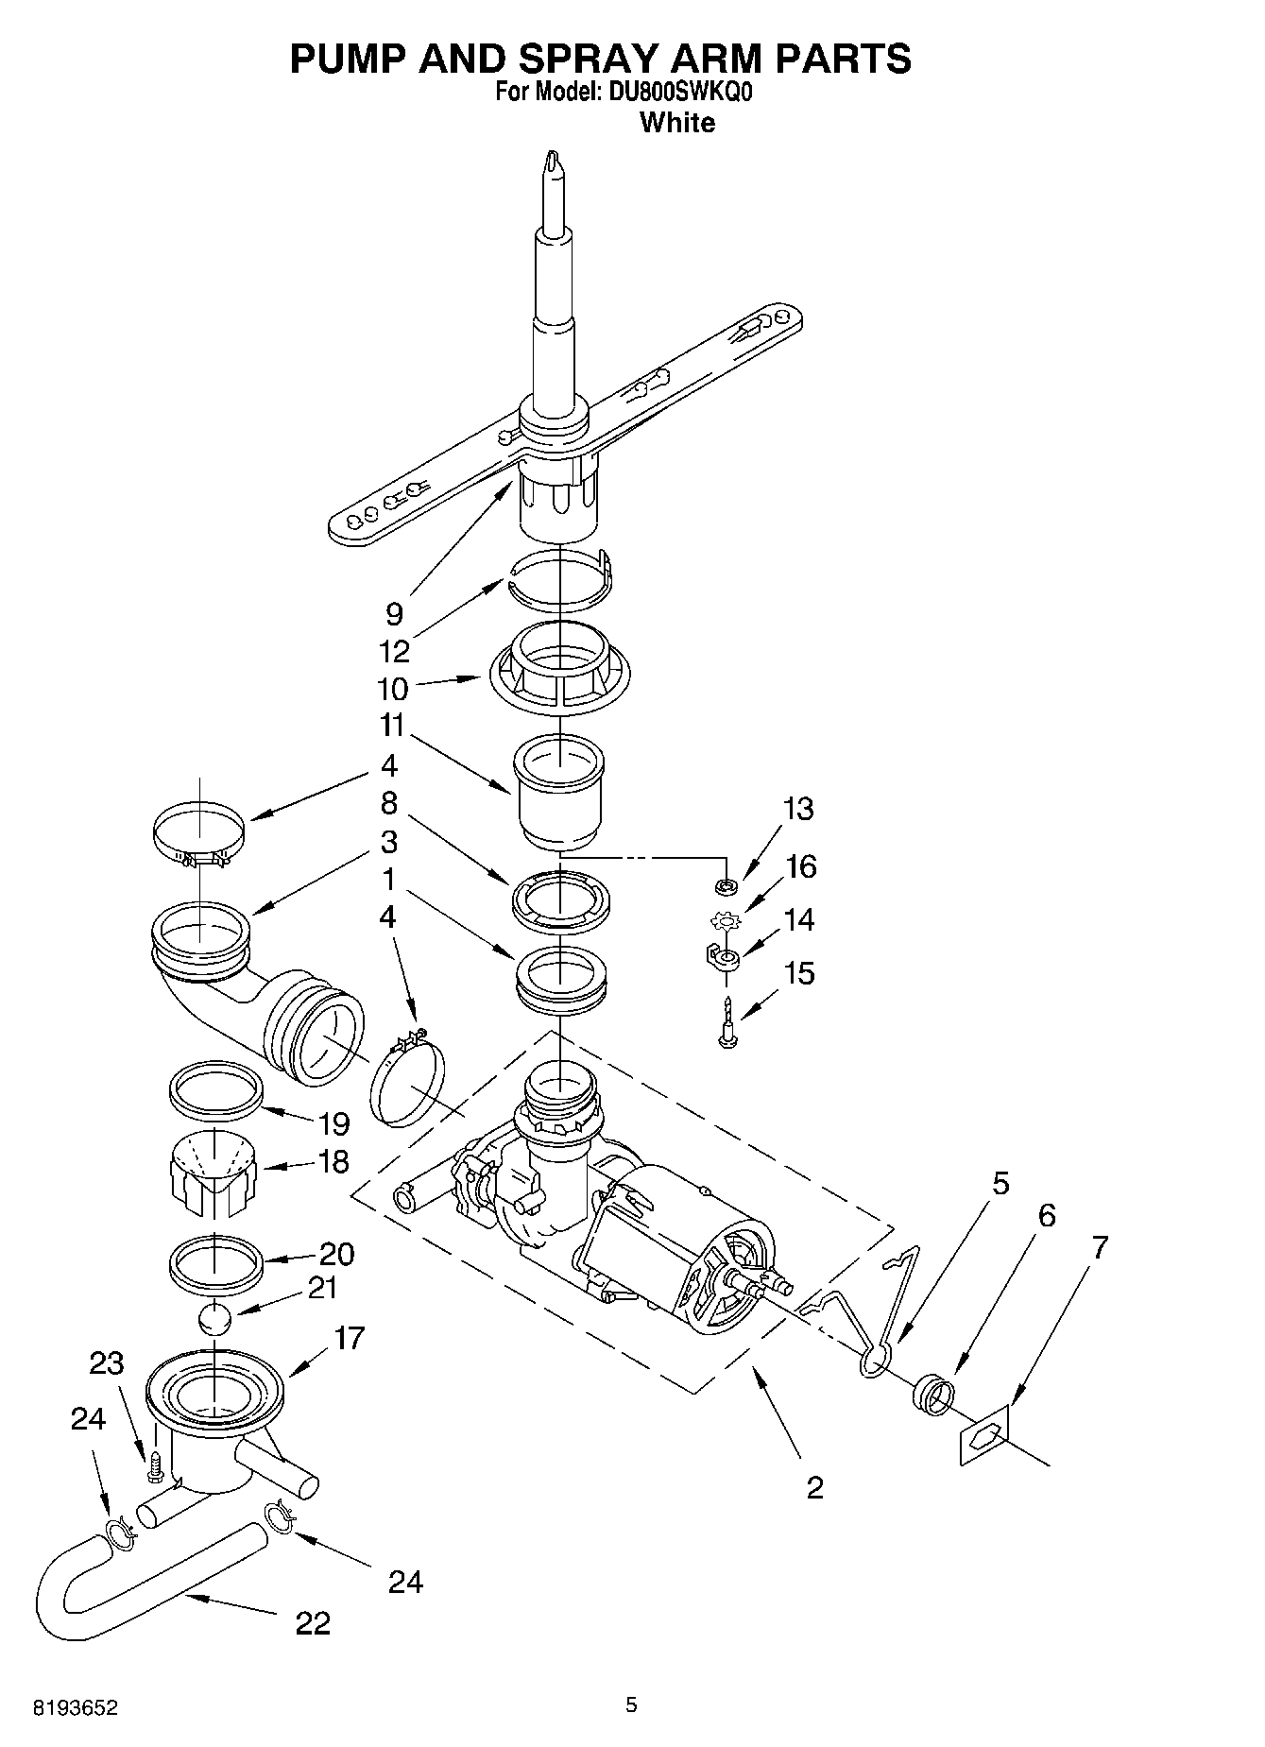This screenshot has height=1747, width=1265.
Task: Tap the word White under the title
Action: (x=676, y=123)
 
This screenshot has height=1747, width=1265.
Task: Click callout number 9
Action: (x=394, y=614)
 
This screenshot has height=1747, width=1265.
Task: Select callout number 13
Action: (x=798, y=809)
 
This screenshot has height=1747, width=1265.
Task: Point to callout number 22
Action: (x=313, y=1623)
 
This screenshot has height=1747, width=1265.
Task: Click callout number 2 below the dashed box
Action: (x=814, y=1488)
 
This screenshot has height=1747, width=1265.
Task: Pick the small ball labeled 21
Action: (x=216, y=1318)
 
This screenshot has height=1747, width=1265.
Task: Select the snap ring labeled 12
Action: (x=560, y=578)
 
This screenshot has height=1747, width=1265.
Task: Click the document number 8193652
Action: (x=75, y=1707)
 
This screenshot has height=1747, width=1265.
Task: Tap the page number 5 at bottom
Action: (x=632, y=1704)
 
